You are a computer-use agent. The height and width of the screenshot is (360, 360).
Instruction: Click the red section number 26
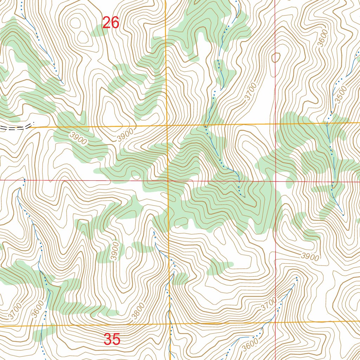pos(111,23)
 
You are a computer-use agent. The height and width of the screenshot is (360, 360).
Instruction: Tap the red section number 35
pos(112,340)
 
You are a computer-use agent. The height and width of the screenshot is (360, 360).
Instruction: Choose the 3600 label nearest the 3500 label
pos(323,38)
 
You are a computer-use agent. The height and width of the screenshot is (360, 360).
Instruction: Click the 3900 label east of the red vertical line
pos(310,257)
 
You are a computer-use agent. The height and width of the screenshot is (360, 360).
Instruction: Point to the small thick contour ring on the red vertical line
pos(276,57)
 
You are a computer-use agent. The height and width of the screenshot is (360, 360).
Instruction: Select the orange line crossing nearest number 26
pos(166,125)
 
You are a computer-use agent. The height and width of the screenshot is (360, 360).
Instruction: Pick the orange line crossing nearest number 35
pos(169,323)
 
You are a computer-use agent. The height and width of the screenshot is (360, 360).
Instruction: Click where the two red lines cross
pos(275,181)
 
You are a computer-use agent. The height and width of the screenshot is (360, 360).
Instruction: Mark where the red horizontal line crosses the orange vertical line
pos(168,181)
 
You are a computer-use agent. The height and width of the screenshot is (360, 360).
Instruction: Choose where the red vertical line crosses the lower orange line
pos(275,322)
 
